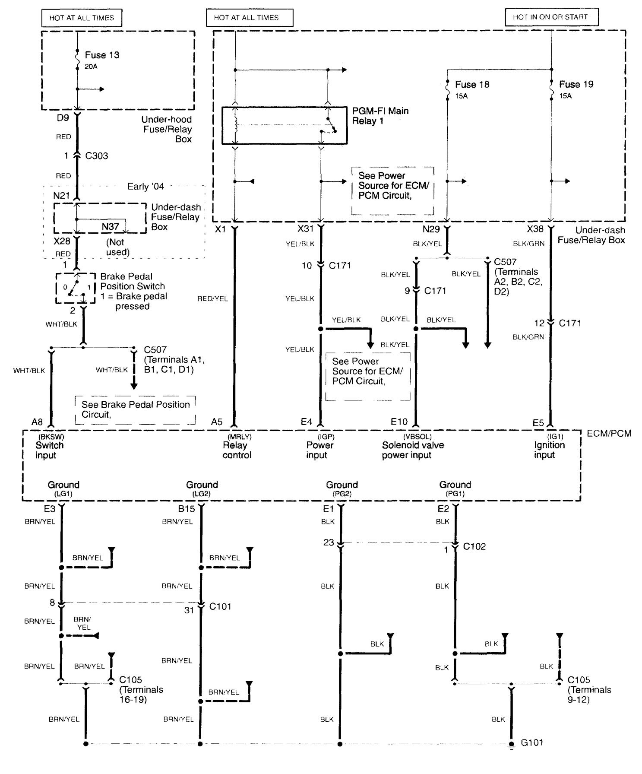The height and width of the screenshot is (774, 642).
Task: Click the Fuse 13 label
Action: click(x=102, y=55)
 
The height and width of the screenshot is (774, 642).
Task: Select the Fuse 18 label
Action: click(x=472, y=85)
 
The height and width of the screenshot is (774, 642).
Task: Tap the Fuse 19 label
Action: click(x=576, y=85)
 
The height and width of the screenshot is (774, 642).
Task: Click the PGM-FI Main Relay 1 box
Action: click(x=284, y=125)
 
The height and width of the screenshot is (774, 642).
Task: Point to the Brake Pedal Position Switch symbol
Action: click(x=75, y=288)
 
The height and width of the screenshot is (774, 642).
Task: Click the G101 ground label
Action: click(x=532, y=743)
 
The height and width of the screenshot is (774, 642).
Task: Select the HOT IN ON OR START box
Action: click(x=551, y=17)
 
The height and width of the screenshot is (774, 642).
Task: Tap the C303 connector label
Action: click(x=96, y=156)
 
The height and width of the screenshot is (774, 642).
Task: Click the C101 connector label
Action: click(x=220, y=606)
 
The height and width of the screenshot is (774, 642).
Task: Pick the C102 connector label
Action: click(x=474, y=547)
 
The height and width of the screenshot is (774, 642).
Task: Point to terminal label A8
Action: click(x=37, y=422)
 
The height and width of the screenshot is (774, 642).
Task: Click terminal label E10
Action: click(x=398, y=422)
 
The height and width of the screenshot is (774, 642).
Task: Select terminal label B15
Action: click(x=187, y=509)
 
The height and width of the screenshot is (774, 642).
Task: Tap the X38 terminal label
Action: click(x=535, y=229)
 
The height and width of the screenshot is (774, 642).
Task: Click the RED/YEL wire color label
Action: click(x=212, y=299)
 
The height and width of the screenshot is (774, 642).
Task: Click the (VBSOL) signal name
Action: click(x=417, y=437)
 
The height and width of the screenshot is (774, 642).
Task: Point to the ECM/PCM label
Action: click(x=609, y=433)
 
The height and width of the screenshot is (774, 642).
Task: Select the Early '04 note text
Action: click(x=145, y=187)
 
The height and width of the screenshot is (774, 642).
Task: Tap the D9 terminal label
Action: click(x=63, y=117)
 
